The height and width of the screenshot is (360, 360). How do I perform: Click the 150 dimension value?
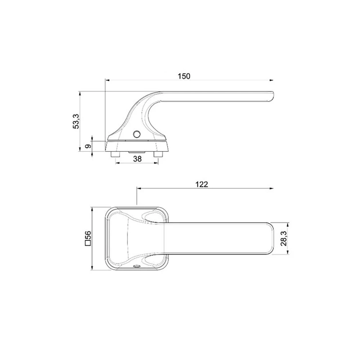coord(184,76)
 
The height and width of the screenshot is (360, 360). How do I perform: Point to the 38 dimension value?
coord(137,159)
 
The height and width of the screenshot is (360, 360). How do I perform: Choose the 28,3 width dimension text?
coord(284,239)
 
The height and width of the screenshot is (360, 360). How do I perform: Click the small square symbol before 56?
coord(88,243)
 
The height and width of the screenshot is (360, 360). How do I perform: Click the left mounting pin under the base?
coord(115,154)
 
